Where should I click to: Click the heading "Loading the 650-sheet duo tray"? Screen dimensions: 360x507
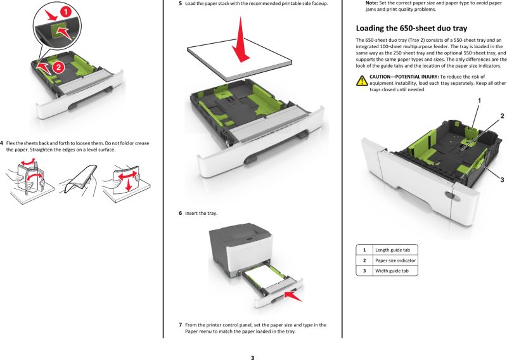[411, 28]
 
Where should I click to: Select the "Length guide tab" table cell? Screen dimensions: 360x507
[392, 250]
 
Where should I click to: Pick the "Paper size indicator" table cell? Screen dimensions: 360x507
[395, 260]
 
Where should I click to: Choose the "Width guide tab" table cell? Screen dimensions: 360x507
[391, 271]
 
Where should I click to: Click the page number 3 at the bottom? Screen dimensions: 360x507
[252, 357]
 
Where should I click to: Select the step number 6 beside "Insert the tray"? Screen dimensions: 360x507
[180, 213]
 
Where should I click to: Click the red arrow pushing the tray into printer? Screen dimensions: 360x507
[294, 294]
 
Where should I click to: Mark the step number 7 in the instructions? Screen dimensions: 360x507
[180, 325]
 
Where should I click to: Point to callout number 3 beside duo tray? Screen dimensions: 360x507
[502, 180]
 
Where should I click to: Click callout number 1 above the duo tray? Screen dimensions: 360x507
[478, 100]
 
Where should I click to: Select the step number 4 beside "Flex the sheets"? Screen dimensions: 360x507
[1, 143]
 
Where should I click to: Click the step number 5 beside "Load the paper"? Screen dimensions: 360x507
[180, 4]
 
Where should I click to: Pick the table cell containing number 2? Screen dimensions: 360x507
[364, 260]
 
